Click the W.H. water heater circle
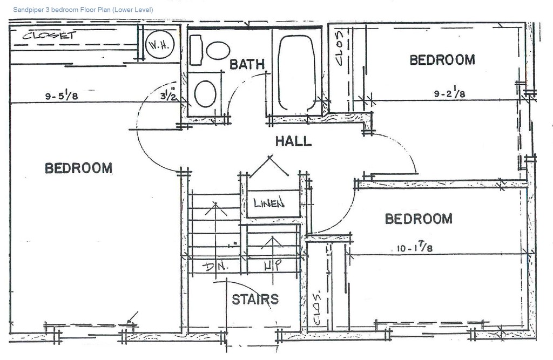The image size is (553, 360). [159, 45]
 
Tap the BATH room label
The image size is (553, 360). [247, 64]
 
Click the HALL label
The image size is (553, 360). [293, 141]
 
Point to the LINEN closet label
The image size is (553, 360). [269, 204]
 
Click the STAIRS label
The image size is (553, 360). [255, 299]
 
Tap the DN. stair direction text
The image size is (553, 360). [216, 267]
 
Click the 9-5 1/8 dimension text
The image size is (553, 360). [62, 97]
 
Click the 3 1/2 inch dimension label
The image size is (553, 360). [168, 96]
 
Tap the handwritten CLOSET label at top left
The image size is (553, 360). [48, 37]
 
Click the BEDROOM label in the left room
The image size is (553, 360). [78, 168]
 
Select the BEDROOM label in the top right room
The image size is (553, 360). [442, 60]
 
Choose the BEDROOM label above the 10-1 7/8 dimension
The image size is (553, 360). [418, 219]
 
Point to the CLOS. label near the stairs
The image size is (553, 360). [318, 308]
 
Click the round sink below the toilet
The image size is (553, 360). [205, 94]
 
